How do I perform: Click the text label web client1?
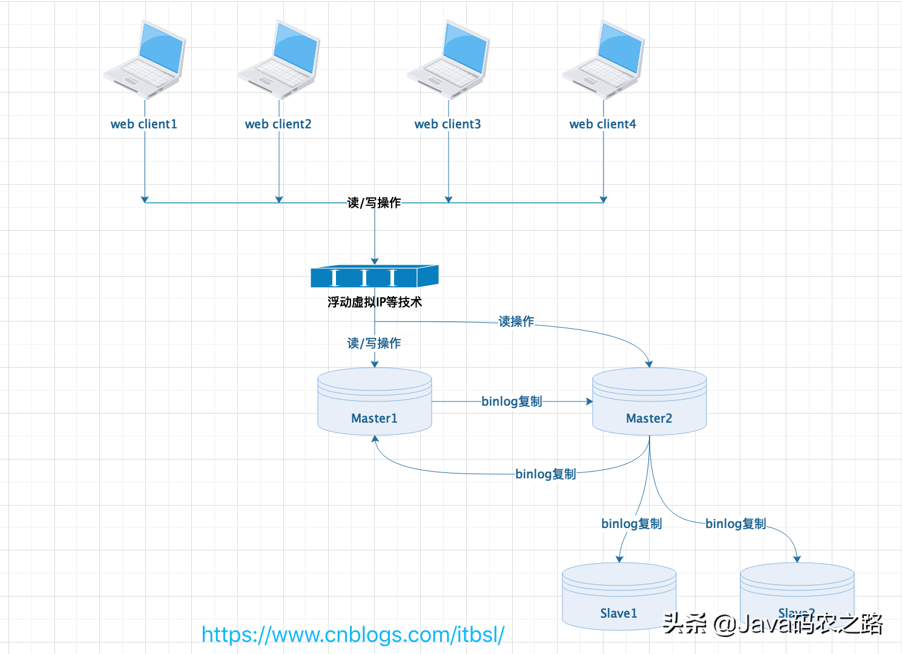click(x=144, y=124)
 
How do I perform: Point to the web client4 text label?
click(x=603, y=124)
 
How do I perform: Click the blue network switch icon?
click(x=374, y=277)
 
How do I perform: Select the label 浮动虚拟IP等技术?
click(x=375, y=302)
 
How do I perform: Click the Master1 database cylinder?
click(x=375, y=401)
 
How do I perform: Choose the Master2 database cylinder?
click(x=650, y=401)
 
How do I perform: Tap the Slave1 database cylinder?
click(x=619, y=596)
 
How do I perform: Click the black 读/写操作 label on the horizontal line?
click(x=374, y=203)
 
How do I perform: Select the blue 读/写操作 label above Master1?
click(x=374, y=343)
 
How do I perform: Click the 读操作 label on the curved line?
click(x=516, y=322)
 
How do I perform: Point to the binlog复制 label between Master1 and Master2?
click(x=512, y=401)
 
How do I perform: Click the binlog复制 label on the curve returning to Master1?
click(x=545, y=474)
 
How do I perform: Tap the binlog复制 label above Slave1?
click(x=631, y=524)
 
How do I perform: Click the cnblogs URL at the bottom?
click(x=353, y=635)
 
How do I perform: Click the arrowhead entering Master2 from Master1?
click(x=590, y=401)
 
